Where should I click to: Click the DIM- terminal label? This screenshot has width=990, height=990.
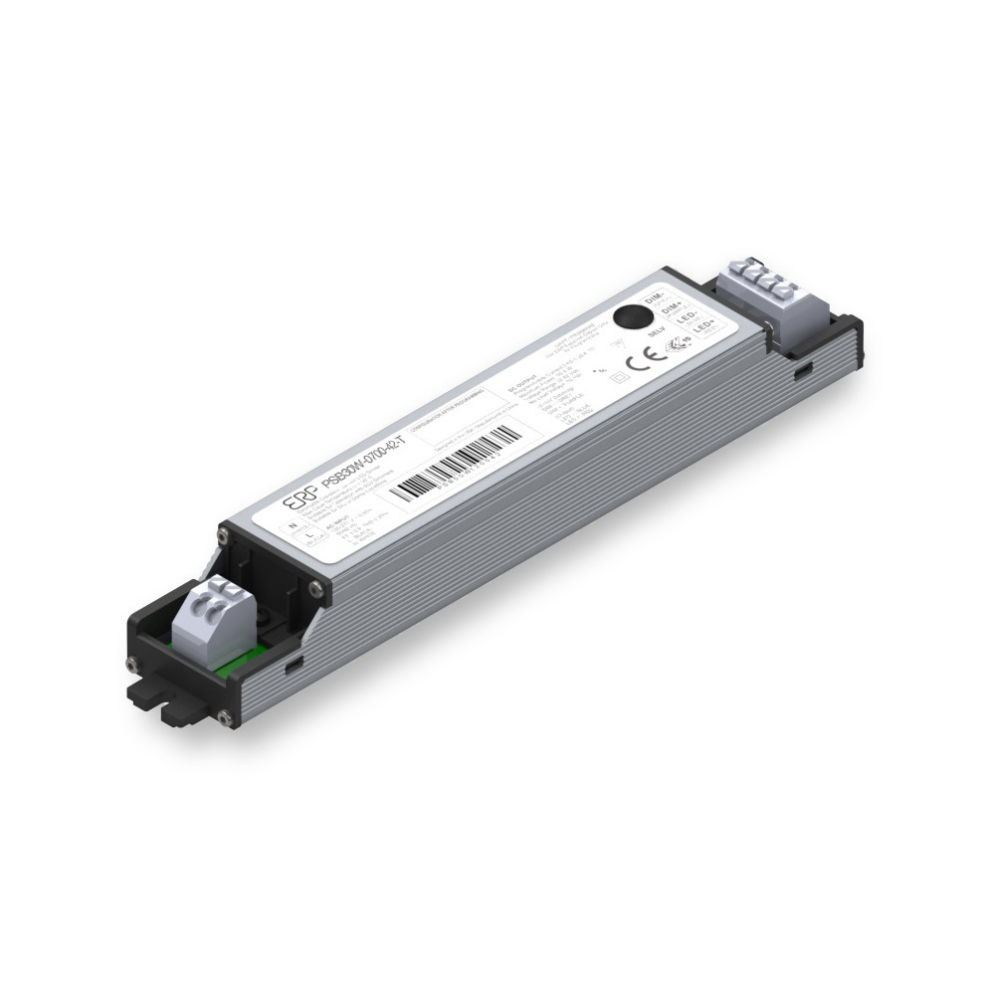pos(654,297)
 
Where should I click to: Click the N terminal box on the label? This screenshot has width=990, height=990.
pos(292,523)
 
